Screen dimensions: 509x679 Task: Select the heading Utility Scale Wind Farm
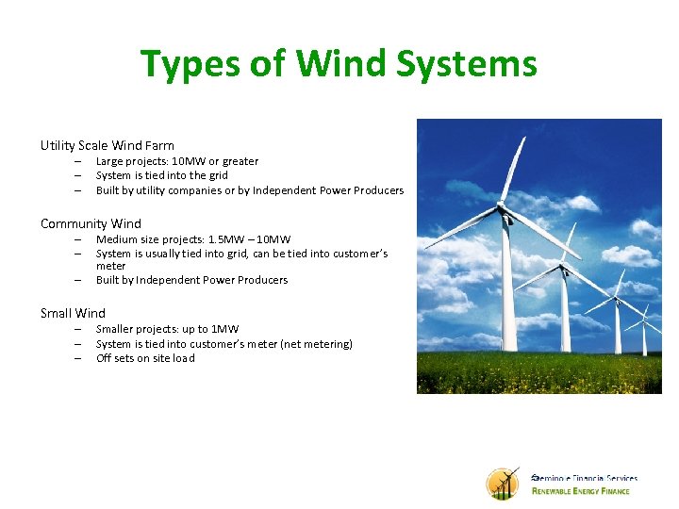click(107, 145)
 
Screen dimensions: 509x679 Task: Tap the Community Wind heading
click(91, 223)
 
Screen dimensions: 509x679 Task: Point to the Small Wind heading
click(73, 313)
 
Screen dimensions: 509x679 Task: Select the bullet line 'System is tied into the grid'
click(161, 175)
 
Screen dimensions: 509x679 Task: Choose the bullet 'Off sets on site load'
click(145, 358)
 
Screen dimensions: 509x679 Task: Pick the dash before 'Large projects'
click(78, 161)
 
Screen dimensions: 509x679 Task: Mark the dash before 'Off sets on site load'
click(78, 358)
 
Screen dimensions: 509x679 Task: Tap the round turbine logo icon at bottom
click(503, 484)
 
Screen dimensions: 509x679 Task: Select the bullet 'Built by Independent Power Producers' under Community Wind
click(191, 280)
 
